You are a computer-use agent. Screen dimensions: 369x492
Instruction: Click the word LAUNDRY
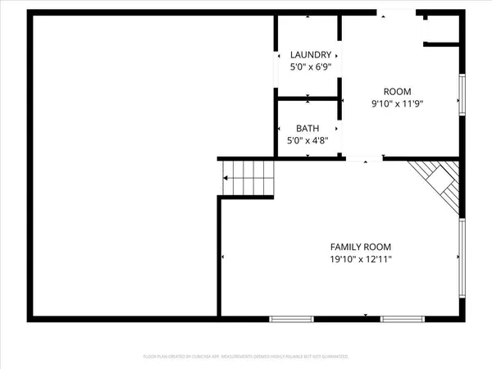click(311, 55)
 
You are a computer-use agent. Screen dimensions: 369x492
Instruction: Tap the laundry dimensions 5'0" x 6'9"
click(311, 66)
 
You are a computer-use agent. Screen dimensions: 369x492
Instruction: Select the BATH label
click(307, 129)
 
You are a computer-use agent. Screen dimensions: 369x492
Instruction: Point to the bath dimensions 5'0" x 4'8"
click(307, 140)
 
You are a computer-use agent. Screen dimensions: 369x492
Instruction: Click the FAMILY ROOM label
click(360, 247)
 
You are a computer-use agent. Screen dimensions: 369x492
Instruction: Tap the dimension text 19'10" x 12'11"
click(360, 259)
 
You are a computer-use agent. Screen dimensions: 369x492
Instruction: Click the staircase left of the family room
click(248, 179)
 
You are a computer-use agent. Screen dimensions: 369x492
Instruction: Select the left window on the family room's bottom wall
click(291, 317)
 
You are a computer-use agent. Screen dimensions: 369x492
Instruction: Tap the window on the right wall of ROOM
click(462, 94)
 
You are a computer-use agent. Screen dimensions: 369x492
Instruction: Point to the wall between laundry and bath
click(307, 99)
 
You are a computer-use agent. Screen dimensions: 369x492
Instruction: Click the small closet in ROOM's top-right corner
click(441, 30)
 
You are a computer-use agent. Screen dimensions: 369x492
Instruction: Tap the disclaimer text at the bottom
click(246, 357)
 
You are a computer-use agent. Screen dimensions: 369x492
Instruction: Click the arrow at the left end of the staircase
click(225, 178)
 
